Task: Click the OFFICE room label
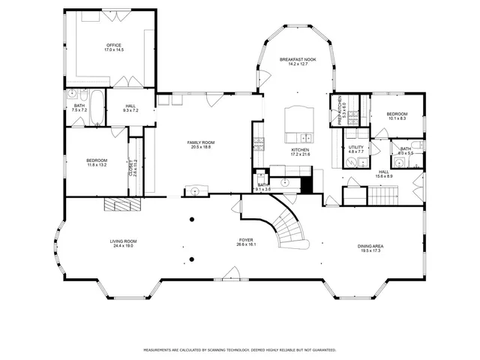tap(114, 45)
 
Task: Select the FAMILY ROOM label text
tap(200, 142)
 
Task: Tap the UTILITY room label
tap(355, 148)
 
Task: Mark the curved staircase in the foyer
tap(289, 225)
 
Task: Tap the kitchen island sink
tap(306, 137)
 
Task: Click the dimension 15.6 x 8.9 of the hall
tap(383, 176)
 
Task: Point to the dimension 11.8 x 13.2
tap(96, 164)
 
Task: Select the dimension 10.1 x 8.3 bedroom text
tap(397, 118)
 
